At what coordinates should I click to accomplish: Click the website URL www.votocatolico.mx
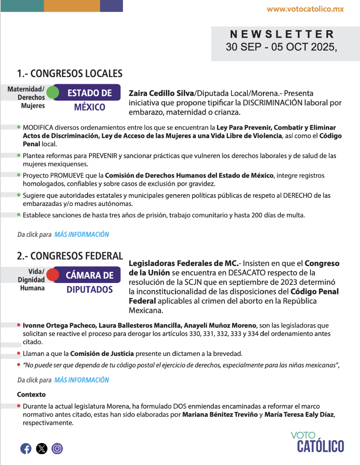(305, 9)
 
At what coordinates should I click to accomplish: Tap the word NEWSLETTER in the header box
(282, 34)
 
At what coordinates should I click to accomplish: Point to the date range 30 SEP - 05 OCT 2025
(281, 47)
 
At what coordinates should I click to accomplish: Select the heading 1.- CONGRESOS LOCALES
(70, 74)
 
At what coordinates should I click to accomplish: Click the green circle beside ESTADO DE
(53, 92)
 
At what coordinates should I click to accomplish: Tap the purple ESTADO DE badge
(89, 93)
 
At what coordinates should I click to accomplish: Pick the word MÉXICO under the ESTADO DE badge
(89, 107)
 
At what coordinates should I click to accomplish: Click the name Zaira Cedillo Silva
(161, 94)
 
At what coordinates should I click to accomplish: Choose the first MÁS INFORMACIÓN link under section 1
(81, 234)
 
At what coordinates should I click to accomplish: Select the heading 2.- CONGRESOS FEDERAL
(70, 256)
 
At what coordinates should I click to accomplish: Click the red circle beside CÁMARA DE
(53, 275)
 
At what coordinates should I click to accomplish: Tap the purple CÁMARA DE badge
(89, 275)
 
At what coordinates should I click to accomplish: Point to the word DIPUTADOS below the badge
(89, 290)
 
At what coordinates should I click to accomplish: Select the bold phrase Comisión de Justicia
(102, 354)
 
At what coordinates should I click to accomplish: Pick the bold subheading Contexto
(31, 395)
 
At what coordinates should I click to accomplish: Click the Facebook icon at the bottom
(26, 448)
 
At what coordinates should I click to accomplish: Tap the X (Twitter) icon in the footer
(42, 448)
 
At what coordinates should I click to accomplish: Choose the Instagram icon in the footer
(57, 448)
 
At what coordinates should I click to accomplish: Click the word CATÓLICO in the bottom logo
(320, 446)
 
